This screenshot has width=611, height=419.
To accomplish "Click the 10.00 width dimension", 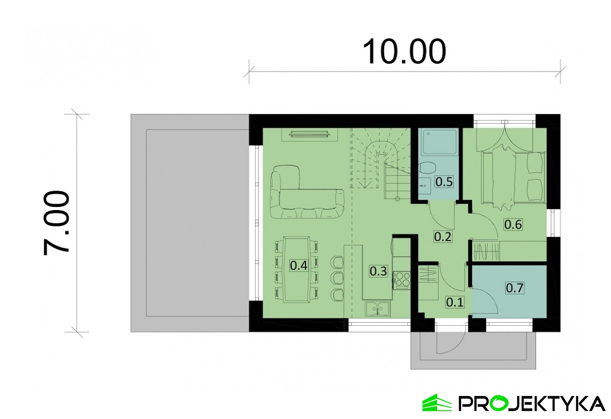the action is (x=404, y=51).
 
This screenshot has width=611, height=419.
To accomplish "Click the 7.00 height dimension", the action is (x=56, y=223).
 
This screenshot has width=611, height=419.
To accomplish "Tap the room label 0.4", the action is (x=299, y=266).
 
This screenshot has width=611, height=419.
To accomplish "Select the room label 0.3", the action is (x=378, y=271).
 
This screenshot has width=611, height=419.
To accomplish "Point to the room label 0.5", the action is (x=444, y=181).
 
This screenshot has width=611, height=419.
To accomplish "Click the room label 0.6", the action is (x=513, y=224).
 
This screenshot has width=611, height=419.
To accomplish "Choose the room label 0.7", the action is (x=515, y=288).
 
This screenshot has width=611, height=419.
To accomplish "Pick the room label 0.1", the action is (x=455, y=302).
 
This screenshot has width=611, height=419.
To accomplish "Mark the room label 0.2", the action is (x=443, y=236).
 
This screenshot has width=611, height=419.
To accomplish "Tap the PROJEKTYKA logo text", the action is (x=531, y=404).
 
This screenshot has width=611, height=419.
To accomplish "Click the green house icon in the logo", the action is (x=437, y=403).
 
